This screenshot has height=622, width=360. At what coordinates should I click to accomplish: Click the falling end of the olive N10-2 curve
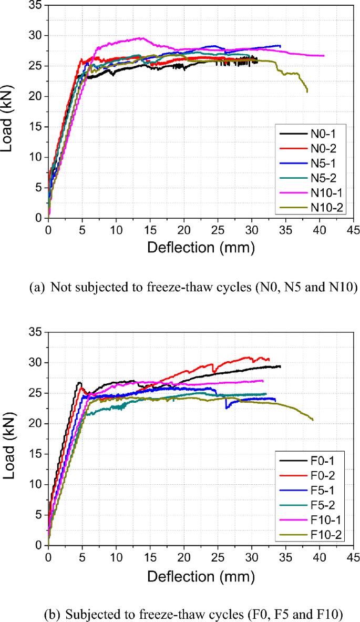(x=307, y=91)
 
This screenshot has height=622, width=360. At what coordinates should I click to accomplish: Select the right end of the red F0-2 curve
(x=269, y=360)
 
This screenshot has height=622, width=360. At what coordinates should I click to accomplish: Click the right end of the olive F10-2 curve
(x=313, y=420)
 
